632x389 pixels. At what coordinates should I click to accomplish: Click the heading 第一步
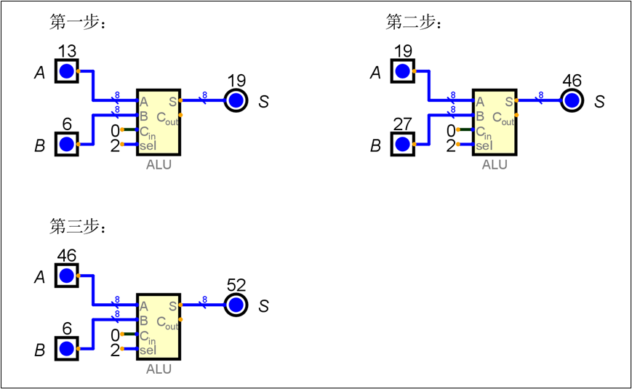[x=78, y=23]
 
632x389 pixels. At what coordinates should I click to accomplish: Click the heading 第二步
[x=414, y=23]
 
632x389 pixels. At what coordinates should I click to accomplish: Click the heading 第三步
[x=78, y=228]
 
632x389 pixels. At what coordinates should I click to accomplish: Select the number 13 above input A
[x=66, y=51]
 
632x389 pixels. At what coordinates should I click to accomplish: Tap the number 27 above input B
[x=402, y=124]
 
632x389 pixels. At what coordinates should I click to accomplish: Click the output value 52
[x=236, y=285]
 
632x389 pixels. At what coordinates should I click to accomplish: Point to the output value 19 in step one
[x=236, y=81]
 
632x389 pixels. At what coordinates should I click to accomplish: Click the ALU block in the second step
[x=495, y=122]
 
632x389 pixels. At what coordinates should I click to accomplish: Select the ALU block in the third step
[x=159, y=326]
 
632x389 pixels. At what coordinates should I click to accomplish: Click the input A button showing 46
[x=66, y=276]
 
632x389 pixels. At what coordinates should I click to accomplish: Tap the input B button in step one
[x=66, y=144]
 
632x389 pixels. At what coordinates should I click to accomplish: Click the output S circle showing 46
[x=572, y=101]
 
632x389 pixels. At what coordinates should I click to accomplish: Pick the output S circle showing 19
[x=236, y=101]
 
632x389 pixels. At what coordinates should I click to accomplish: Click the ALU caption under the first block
[x=159, y=165]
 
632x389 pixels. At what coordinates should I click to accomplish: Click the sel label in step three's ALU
[x=148, y=350]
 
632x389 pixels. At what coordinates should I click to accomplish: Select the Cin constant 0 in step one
[x=114, y=130]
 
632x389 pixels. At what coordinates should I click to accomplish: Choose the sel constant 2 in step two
[x=450, y=145]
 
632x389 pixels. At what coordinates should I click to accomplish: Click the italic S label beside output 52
[x=263, y=306]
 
